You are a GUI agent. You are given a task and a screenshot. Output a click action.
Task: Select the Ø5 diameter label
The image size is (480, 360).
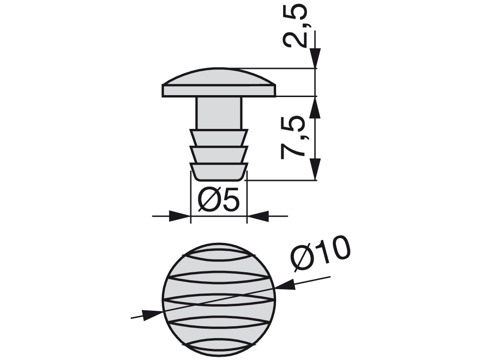218,201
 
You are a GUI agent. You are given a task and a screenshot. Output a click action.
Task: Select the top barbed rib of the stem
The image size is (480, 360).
218,137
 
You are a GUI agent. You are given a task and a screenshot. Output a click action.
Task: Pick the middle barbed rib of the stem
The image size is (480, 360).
218,155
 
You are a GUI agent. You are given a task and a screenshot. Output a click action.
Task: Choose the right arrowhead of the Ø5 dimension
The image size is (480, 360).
257,216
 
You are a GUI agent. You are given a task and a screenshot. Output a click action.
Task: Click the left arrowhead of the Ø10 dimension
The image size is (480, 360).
152,315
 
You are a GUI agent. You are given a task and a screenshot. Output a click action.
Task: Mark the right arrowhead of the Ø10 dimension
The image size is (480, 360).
285,284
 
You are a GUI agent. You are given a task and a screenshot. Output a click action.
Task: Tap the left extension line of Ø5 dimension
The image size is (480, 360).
190,197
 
